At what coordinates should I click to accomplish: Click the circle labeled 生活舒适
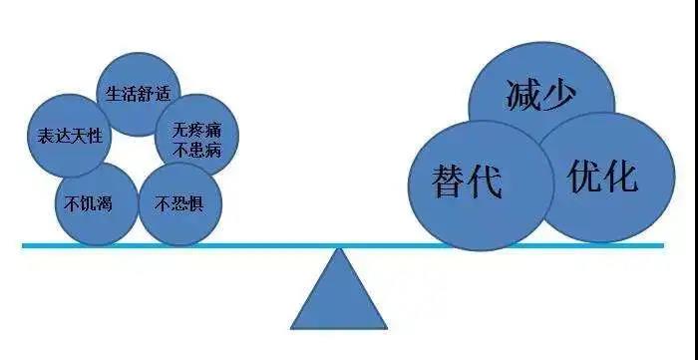tap(139, 94)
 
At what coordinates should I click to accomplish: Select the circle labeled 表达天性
tap(66, 135)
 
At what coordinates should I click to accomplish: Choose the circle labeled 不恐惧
tap(180, 204)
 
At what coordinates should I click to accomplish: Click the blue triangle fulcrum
tap(339, 295)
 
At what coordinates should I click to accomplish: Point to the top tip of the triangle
tap(339, 249)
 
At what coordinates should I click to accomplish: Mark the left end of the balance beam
tap(25, 244)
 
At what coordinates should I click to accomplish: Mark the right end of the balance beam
tap(662, 244)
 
